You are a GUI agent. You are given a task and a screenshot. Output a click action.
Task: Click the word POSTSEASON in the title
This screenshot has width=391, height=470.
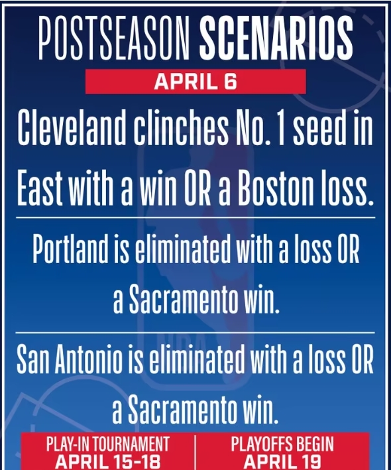(114, 38)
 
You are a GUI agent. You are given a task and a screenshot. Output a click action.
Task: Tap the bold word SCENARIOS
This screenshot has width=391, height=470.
(276, 38)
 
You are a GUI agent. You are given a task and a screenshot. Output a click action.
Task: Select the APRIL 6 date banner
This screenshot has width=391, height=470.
(195, 82)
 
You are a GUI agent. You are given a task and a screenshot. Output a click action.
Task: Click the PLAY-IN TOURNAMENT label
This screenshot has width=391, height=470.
(107, 444)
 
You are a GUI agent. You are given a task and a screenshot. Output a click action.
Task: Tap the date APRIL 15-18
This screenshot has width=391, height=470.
(107, 461)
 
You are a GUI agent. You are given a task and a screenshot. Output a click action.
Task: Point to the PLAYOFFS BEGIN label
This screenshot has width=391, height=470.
(282, 444)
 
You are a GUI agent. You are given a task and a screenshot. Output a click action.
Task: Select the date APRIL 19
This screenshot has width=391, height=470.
(282, 461)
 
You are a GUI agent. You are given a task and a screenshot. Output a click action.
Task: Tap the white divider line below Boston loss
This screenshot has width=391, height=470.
(195, 217)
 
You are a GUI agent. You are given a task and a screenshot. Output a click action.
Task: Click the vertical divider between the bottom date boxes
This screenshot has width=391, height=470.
(195, 452)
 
